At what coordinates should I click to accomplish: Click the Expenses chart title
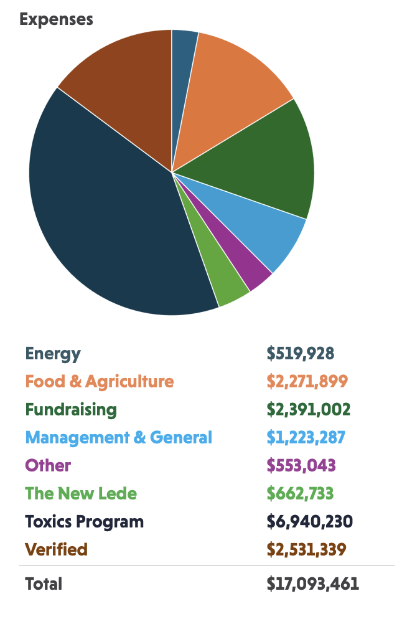pyautogui.click(x=56, y=19)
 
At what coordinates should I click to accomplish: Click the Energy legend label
pyautogui.click(x=53, y=354)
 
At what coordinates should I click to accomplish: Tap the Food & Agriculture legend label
pyautogui.click(x=99, y=381)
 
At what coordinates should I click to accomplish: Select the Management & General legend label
pyautogui.click(x=118, y=437)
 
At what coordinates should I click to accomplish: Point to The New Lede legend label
pyautogui.click(x=81, y=493)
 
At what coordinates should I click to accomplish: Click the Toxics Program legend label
pyautogui.click(x=84, y=521)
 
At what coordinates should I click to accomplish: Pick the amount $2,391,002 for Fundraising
pyautogui.click(x=309, y=409)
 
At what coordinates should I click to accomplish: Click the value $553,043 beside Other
pyautogui.click(x=301, y=465)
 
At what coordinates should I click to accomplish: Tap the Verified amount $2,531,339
pyautogui.click(x=306, y=549)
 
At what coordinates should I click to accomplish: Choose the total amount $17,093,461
pyautogui.click(x=312, y=584)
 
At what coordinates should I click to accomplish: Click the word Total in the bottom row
pyautogui.click(x=44, y=584)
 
